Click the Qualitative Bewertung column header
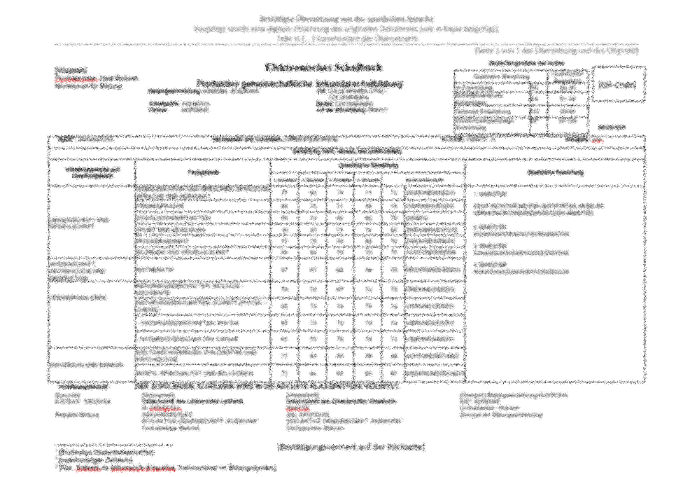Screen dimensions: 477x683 pyautogui.click(x=555, y=172)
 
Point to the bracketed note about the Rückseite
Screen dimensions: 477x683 pyautogui.click(x=351, y=448)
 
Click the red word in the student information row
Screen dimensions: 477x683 pyautogui.click(x=596, y=140)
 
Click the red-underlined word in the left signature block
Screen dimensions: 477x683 pyautogui.click(x=159, y=408)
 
